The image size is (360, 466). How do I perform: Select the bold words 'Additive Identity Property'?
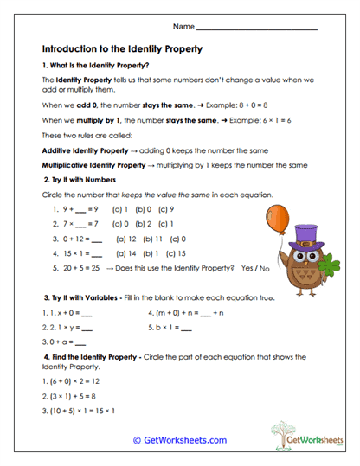pyautogui.click(x=87, y=151)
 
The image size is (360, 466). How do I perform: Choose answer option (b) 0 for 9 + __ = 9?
pyautogui.click(x=147, y=209)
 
